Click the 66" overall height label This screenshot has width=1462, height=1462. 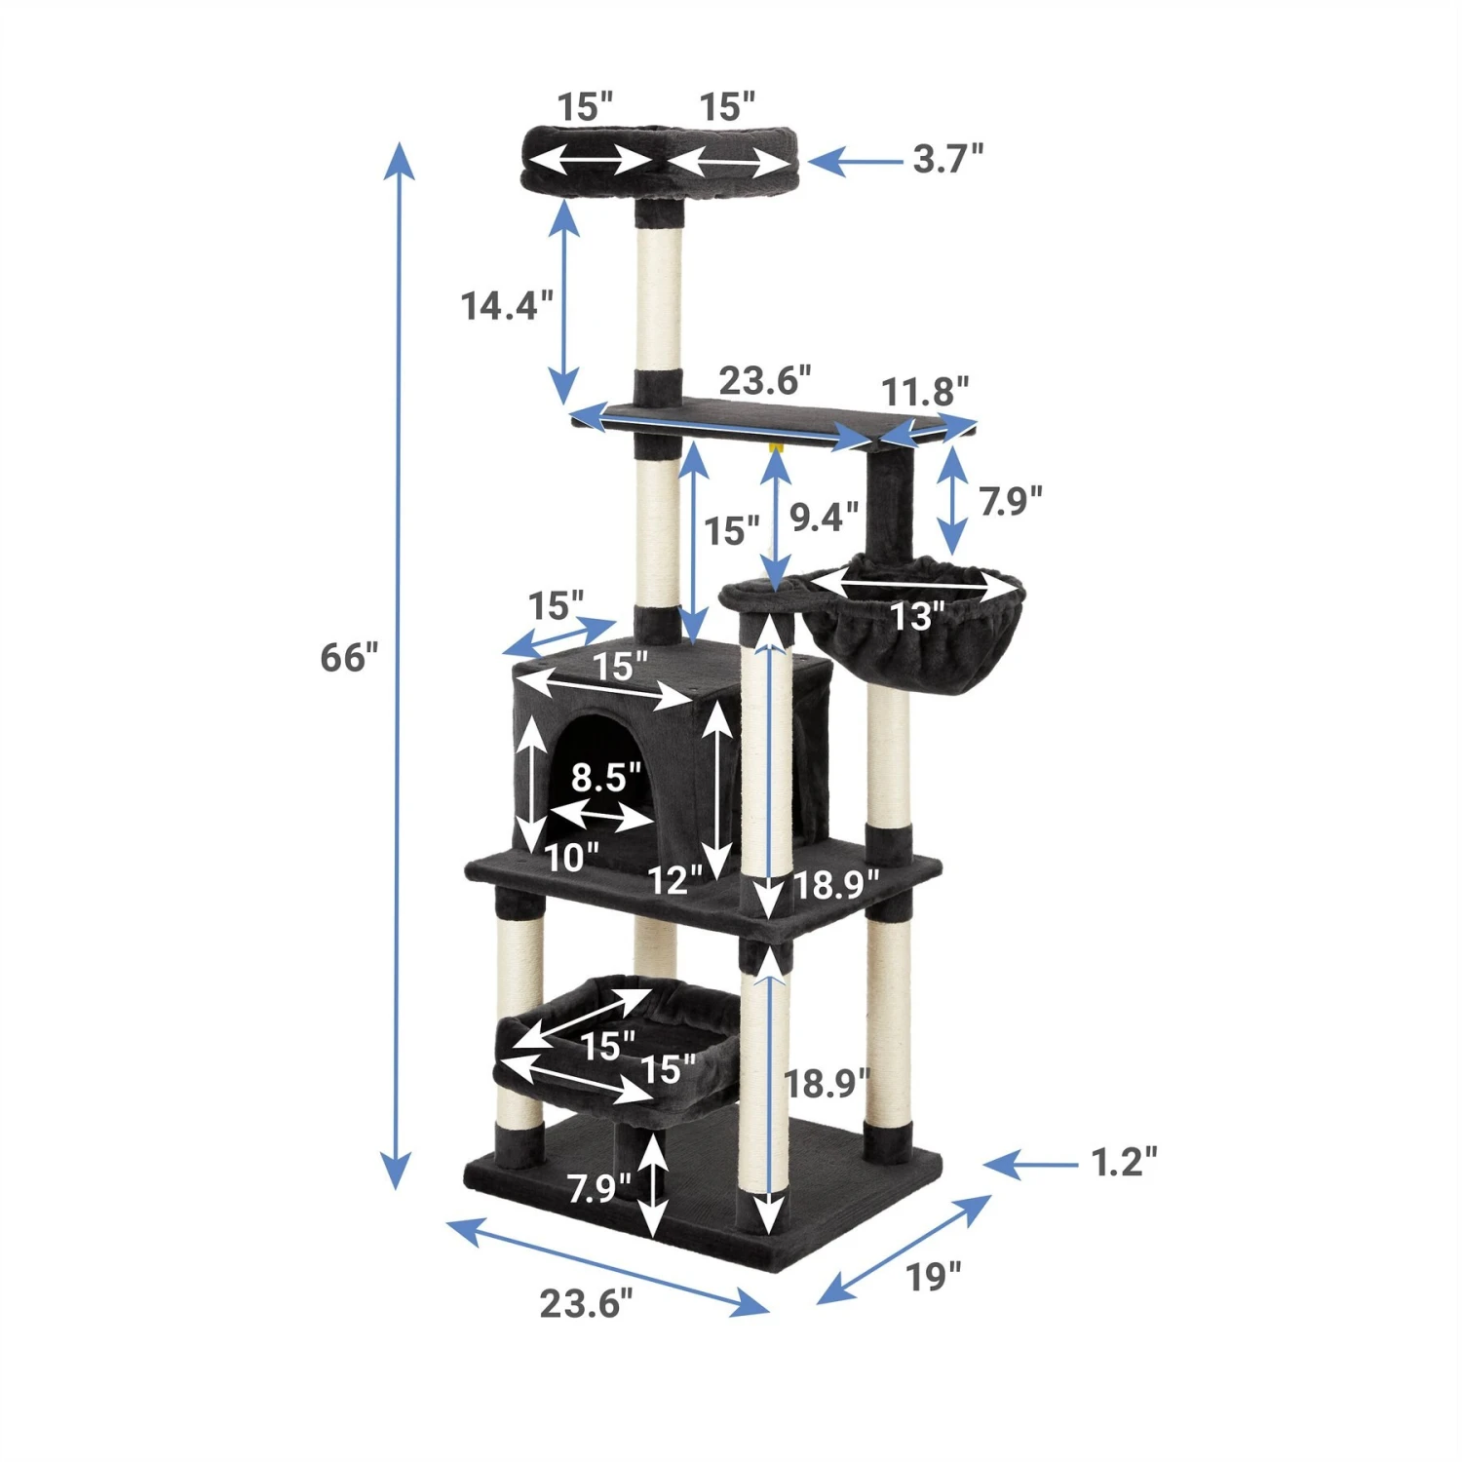point(349,658)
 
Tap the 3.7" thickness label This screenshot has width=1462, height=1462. point(947,158)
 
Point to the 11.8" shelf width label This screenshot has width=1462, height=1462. point(925,392)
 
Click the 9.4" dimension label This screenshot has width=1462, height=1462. point(824,517)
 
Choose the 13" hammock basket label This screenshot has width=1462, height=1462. point(917,616)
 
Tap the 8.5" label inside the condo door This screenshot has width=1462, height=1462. point(605,777)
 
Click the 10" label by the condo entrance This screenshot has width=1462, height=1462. point(571,858)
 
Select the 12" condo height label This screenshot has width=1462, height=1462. point(674,880)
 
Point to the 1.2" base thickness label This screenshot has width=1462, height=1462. point(1124,1162)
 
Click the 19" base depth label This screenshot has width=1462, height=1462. point(933,1277)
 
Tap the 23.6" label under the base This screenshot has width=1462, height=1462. point(586,1303)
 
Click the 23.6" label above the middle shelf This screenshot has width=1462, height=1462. point(764,381)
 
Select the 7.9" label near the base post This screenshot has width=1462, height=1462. point(598,1189)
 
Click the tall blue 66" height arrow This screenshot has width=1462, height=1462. point(397,663)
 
